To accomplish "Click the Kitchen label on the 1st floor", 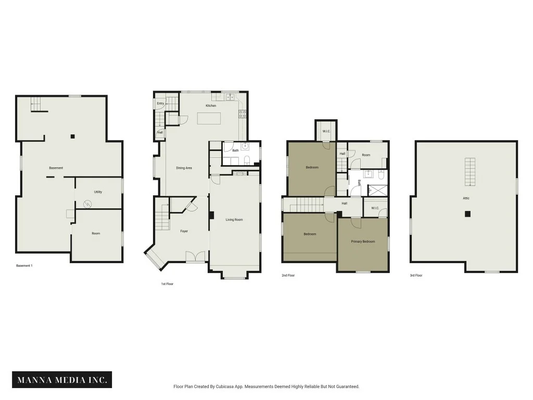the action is point(211,105).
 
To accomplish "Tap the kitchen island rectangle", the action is point(209,118).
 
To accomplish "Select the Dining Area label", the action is point(184,168).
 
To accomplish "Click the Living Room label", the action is point(234,219).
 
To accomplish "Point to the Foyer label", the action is point(184,231).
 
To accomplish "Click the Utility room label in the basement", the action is point(98,192).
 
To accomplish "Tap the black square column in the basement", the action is point(72,136).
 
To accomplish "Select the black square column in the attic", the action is point(468,214).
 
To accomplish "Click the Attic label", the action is point(466,198).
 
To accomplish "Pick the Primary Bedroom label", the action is point(363,242).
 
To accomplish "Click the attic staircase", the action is point(470,172).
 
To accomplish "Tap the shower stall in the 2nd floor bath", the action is point(378,190).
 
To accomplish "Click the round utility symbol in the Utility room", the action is point(87,204).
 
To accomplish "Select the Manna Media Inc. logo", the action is point(62,380).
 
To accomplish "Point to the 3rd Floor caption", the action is point(416,275).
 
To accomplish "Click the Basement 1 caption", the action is point(24,266).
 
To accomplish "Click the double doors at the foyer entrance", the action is point(196,257).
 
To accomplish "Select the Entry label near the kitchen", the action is point(160,104).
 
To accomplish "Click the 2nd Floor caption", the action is point(288,275).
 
